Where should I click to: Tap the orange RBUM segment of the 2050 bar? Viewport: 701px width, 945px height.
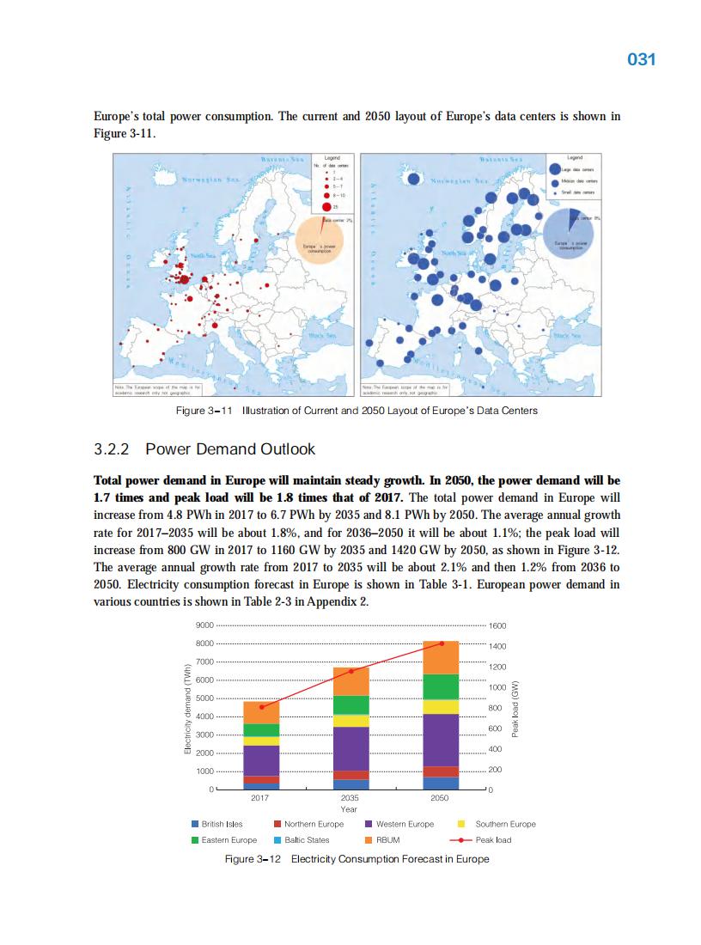441,657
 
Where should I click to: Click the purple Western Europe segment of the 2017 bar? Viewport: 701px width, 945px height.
261,760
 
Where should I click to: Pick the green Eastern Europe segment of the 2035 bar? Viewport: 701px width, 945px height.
350,704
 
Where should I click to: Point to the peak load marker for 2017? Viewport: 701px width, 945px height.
261,707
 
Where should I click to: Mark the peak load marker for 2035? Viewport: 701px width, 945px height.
350,670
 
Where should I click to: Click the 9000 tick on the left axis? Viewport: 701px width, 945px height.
204,625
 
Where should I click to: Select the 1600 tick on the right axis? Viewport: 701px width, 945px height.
498,625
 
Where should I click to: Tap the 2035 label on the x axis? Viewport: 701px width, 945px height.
350,798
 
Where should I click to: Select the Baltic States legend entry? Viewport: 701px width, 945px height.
306,839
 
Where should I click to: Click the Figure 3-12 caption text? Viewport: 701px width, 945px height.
356,859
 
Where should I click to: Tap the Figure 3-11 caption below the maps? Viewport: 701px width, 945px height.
356,411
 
